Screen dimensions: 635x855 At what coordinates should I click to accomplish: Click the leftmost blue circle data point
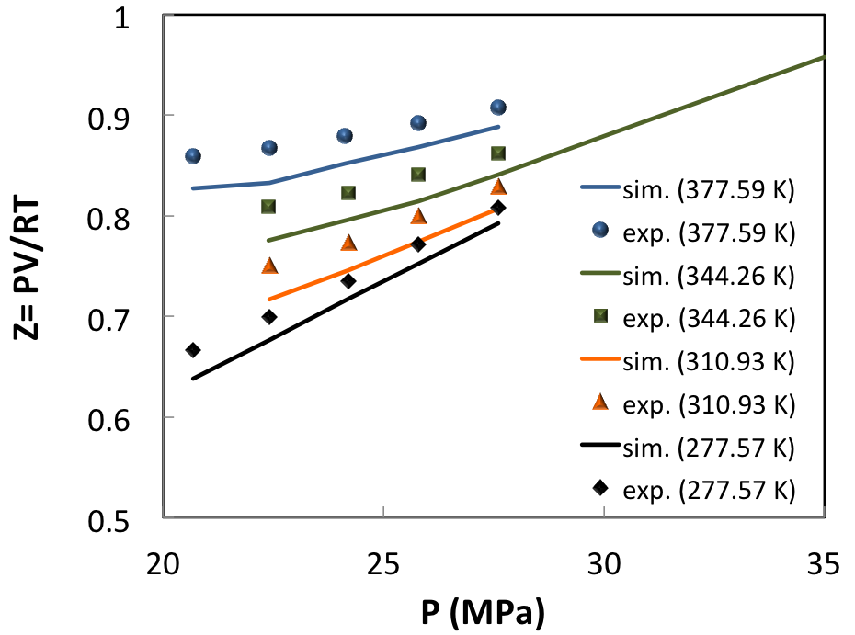tap(193, 156)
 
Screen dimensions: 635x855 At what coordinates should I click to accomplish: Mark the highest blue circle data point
tap(498, 108)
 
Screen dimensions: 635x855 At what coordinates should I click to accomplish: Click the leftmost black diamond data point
tap(193, 350)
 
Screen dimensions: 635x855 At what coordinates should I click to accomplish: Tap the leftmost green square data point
tap(268, 207)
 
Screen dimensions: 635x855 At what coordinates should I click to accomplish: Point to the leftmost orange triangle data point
tap(269, 266)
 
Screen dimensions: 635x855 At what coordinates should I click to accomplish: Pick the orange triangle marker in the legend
tap(599, 403)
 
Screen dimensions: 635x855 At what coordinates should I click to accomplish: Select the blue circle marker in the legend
tap(599, 232)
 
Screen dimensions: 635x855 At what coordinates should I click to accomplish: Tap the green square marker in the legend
tap(599, 317)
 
